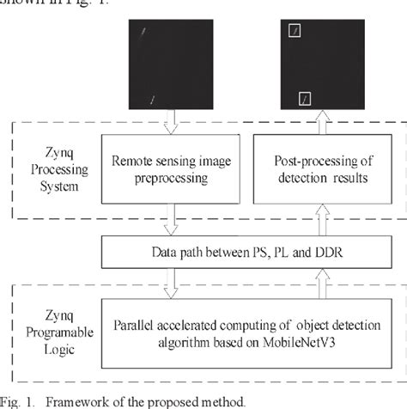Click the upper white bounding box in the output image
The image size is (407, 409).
click(295, 32)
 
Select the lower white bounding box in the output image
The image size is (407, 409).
click(302, 101)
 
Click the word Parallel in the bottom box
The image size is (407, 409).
click(137, 325)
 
